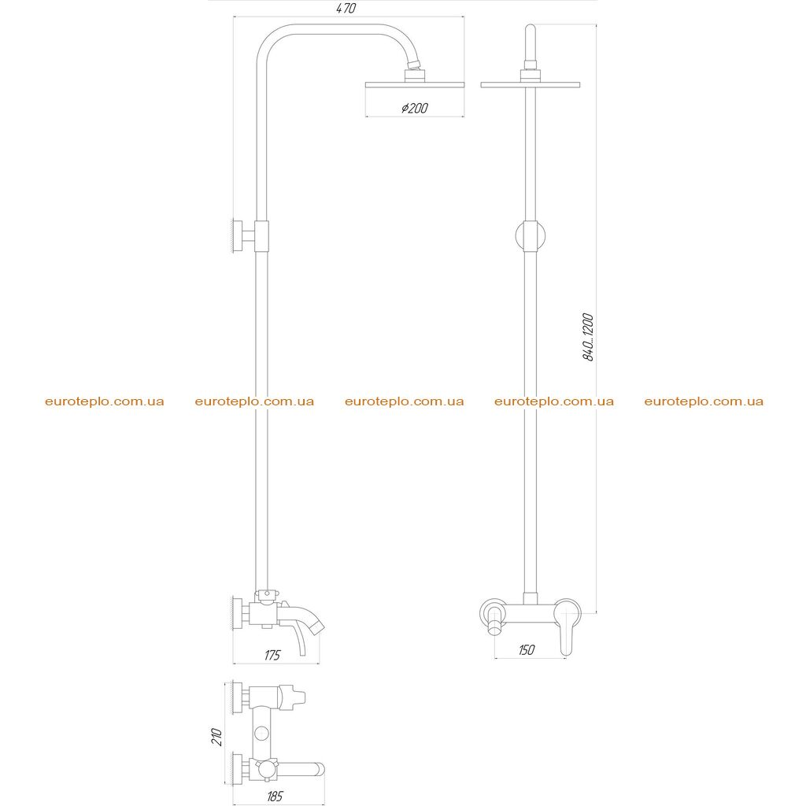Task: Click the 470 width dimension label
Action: coord(346,8)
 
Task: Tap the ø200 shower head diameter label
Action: coord(414,108)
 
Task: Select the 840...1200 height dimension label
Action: coord(588,337)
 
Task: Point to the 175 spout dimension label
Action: coord(272,655)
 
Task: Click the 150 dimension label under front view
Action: coord(526,649)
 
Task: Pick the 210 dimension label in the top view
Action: coord(216,737)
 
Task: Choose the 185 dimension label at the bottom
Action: coord(275,797)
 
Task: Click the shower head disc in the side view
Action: coord(415,84)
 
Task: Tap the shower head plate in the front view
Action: coord(530,85)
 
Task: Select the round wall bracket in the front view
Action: coord(530,236)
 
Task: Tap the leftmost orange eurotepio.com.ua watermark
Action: coord(105,401)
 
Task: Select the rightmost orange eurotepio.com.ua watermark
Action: coord(704,401)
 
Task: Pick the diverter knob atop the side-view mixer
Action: coord(268,595)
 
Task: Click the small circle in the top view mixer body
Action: coord(262,732)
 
